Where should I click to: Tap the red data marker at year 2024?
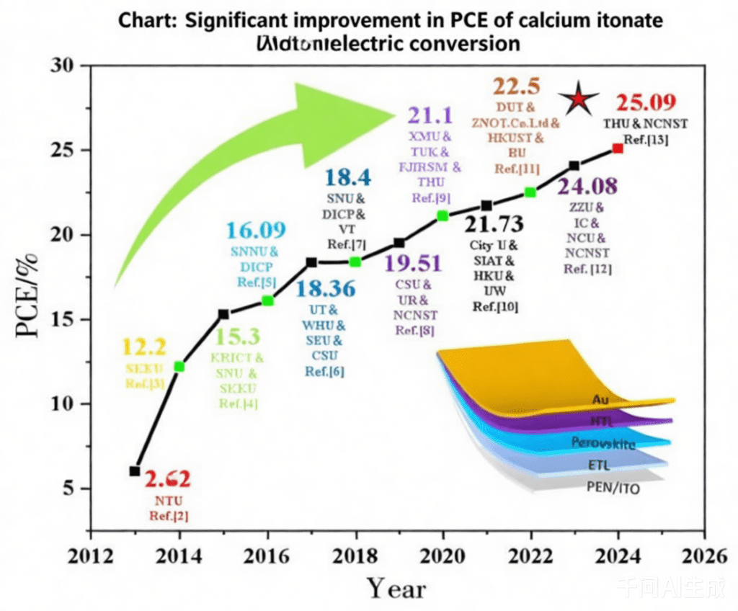click(x=618, y=148)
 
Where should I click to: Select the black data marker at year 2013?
click(x=135, y=470)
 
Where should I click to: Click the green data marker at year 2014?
click(x=179, y=367)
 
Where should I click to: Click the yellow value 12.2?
click(x=145, y=348)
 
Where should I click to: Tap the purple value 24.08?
click(x=587, y=187)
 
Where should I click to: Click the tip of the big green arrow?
click(x=395, y=114)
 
